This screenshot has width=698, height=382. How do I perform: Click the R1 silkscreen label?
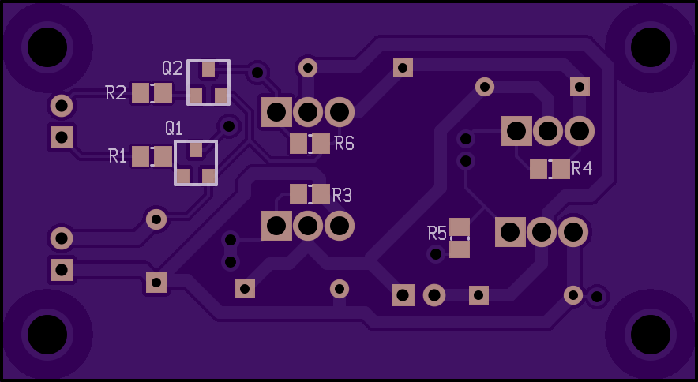pyautogui.click(x=118, y=156)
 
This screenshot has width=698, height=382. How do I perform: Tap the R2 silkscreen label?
pyautogui.click(x=116, y=92)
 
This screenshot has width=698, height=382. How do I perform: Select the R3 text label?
pyautogui.click(x=342, y=195)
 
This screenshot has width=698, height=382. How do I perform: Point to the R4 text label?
pyautogui.click(x=581, y=168)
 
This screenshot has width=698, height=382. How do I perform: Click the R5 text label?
pyautogui.click(x=437, y=233)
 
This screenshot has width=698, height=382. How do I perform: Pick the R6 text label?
pyautogui.click(x=344, y=144)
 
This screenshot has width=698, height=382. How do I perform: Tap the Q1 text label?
pyautogui.click(x=174, y=128)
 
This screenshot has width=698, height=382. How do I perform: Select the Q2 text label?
pyautogui.click(x=172, y=68)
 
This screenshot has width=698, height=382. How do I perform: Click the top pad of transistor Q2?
pyautogui.click(x=208, y=69)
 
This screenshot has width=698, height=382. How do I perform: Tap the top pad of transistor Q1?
pyautogui.click(x=196, y=150)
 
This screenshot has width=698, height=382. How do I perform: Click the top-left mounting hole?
pyautogui.click(x=47, y=47)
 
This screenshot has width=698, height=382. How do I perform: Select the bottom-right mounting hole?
pyautogui.click(x=651, y=335)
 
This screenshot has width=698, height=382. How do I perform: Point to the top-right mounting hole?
pyautogui.click(x=651, y=47)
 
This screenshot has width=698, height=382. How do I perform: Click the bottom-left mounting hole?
pyautogui.click(x=47, y=335)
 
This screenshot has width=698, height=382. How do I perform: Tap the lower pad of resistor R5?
pyautogui.click(x=460, y=249)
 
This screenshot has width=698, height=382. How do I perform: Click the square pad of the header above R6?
pyautogui.click(x=276, y=112)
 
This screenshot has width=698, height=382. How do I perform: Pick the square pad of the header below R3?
pyautogui.click(x=276, y=226)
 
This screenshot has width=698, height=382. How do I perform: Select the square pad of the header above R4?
pyautogui.click(x=516, y=131)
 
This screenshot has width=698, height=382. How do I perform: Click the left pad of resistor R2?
pyautogui.click(x=141, y=93)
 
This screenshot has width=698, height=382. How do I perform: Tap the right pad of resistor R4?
pyautogui.click(x=561, y=169)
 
